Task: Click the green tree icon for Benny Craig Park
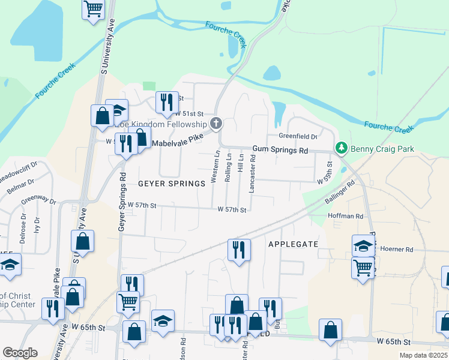(x=342, y=148)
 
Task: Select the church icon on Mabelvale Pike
(x=216, y=124)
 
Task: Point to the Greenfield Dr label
(x=297, y=136)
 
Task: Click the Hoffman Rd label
(x=346, y=216)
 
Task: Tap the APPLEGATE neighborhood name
(x=292, y=244)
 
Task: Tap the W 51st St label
(x=188, y=113)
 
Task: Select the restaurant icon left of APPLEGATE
(x=239, y=249)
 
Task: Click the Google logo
(x=20, y=353)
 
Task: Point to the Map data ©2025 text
(x=423, y=355)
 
